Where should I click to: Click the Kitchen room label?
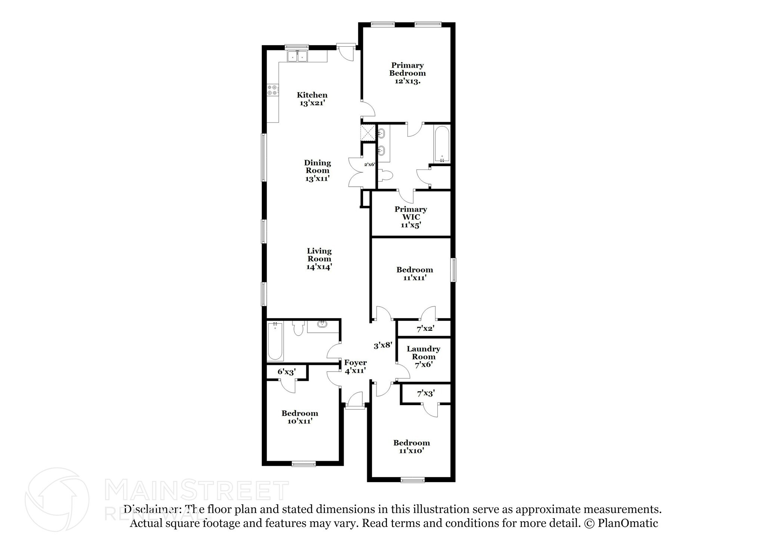[x=312, y=95]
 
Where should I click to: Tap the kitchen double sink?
[x=297, y=57]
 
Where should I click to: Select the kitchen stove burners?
[x=272, y=90]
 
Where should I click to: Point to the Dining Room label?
[x=317, y=167]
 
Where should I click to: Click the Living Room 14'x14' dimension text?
[x=319, y=267]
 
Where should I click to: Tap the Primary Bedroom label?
[x=407, y=69]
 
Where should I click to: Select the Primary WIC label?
[x=411, y=213]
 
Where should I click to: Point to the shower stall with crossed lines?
[x=368, y=132]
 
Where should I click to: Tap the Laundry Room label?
[x=423, y=352]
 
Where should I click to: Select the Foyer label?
[x=355, y=363]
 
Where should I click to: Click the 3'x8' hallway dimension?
[x=383, y=345]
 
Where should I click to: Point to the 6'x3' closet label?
[x=287, y=372]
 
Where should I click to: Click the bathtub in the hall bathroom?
[x=275, y=341]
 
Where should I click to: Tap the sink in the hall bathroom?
[x=322, y=324]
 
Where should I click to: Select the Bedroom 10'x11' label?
[x=300, y=413]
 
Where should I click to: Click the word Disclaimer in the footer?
[x=151, y=509]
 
